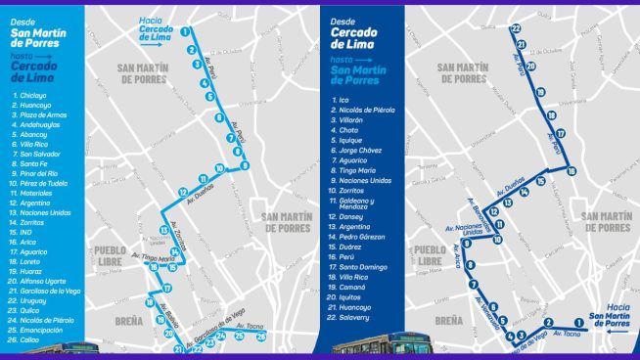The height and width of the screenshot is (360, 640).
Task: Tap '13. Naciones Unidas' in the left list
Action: point(46,211)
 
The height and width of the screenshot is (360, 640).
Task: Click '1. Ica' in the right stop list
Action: point(341,100)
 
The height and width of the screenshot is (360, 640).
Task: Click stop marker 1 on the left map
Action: point(184,30)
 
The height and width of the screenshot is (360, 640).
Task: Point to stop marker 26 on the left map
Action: point(261,337)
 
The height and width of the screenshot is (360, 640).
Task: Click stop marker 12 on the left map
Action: point(183,192)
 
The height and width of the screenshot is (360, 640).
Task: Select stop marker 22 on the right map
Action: point(516,28)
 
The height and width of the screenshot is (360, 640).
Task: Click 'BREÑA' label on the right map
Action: point(449,320)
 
